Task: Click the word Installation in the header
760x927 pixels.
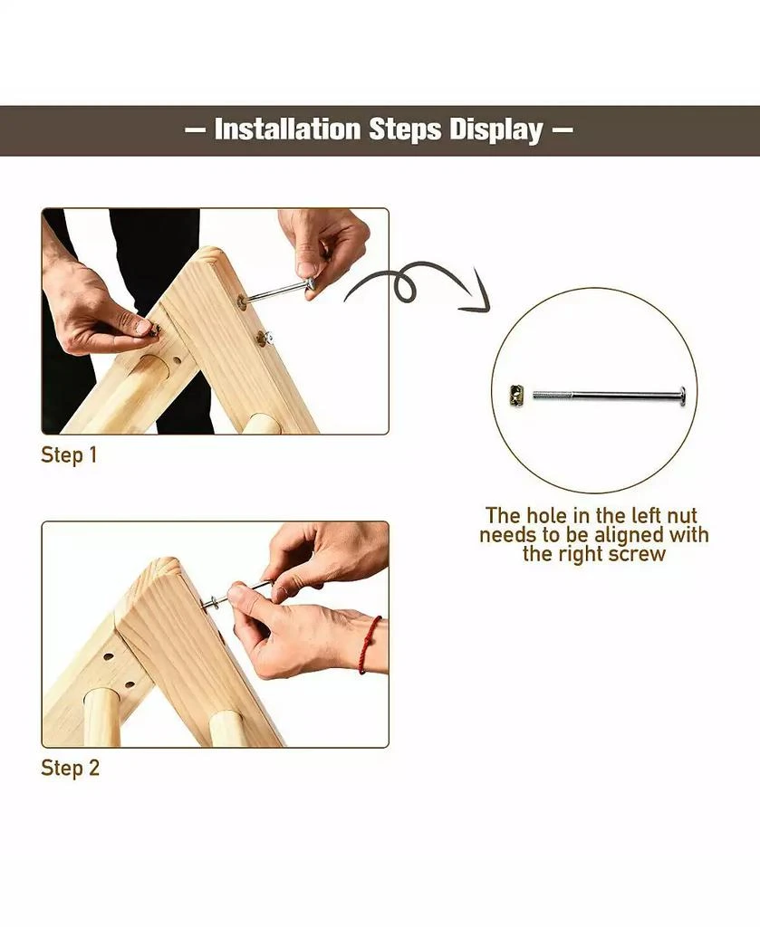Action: pos(287,129)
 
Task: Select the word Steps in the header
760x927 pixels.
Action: pos(405,130)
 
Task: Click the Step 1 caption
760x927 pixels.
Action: pos(69,455)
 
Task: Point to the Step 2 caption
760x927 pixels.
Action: pos(71,768)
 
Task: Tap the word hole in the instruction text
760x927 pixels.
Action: pos(548,515)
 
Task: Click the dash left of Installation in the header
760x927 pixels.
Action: pos(195,130)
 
